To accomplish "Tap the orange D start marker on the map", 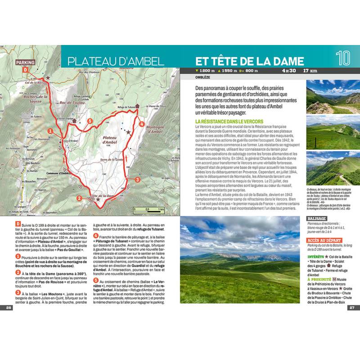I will (x=26, y=71).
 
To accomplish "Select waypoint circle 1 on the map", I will (x=50, y=131).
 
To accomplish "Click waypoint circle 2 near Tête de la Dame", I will (x=79, y=198).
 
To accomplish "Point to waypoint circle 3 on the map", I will (x=138, y=179).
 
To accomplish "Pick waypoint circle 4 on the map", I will (x=142, y=124).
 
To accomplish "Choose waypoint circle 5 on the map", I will (x=90, y=121).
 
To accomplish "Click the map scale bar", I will (x=149, y=210).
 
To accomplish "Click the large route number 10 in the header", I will (x=343, y=58).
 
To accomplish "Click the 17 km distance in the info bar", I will (x=310, y=71).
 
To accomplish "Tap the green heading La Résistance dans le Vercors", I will (x=229, y=122).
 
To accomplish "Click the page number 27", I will (x=352, y=308).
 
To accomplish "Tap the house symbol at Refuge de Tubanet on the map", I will (x=137, y=106).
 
